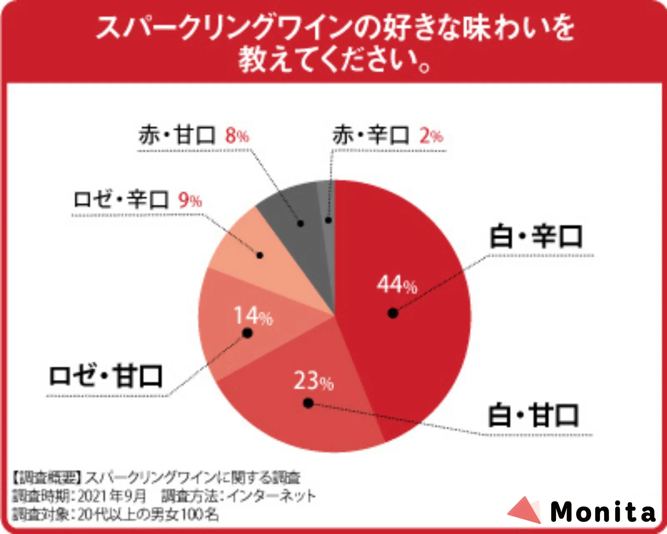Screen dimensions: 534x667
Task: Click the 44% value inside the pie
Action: point(397,285)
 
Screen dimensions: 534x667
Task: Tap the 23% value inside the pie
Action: point(313,380)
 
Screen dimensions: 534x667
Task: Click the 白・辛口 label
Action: point(536,237)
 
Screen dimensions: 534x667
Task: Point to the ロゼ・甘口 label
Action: point(105,376)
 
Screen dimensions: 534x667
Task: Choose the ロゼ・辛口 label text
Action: point(121,199)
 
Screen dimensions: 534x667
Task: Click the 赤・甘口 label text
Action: point(177,135)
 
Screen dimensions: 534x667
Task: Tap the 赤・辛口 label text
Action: point(371,135)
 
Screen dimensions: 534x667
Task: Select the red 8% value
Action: point(237,136)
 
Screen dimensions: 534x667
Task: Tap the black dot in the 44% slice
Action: point(393,313)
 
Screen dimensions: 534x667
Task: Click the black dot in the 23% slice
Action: point(308,403)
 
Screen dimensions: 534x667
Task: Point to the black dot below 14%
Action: point(248,333)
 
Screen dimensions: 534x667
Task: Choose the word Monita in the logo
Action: point(603,511)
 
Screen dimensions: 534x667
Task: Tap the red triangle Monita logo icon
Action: point(525,510)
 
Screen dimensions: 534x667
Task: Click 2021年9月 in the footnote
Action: point(112,496)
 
